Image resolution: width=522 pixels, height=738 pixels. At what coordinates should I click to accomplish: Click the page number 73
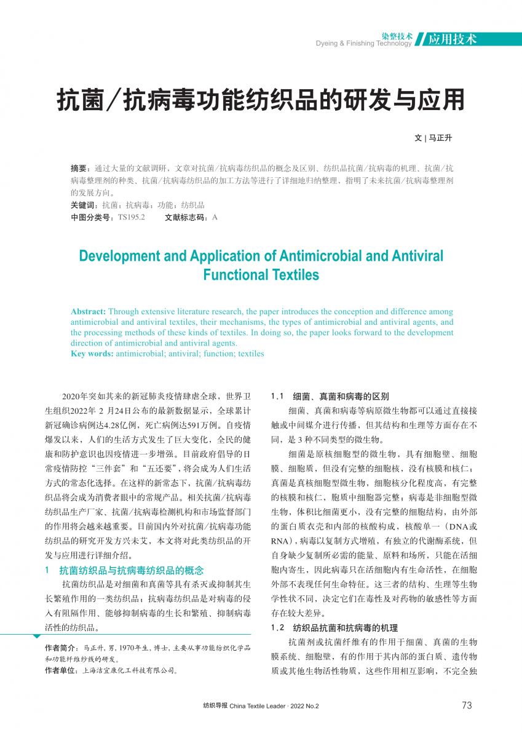(467, 705)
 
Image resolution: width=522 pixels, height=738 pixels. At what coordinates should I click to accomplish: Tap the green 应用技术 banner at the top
(453, 39)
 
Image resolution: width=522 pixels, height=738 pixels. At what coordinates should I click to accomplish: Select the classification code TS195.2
(131, 217)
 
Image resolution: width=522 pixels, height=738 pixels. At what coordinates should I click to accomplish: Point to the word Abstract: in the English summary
(89, 311)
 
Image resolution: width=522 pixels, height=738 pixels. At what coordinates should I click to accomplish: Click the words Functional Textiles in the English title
(261, 274)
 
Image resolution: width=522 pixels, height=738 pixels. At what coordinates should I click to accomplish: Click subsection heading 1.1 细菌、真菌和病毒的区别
(330, 397)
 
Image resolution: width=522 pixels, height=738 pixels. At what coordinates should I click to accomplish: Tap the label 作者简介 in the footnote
(60, 648)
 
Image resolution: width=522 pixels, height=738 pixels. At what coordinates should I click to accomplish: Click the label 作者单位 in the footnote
(60, 670)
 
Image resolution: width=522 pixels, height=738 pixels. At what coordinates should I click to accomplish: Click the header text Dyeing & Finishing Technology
(363, 44)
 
